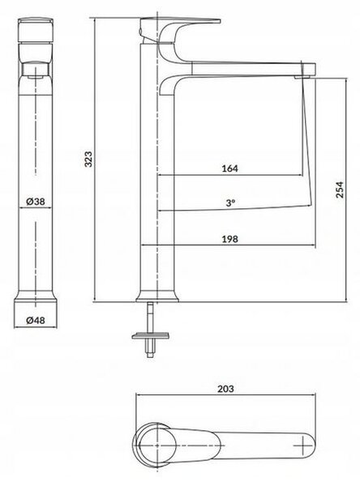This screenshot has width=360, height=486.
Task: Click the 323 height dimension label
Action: tap(88, 159)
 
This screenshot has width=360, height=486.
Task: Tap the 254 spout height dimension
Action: tap(340, 190)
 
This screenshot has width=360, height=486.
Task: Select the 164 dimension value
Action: tap(230, 168)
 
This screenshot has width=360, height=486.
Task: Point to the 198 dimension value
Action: tap(230, 239)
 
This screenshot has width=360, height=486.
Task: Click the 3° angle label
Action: tap(230, 203)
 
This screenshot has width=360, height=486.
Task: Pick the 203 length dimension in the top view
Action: tap(225, 389)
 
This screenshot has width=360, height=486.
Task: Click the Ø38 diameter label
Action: tap(36, 202)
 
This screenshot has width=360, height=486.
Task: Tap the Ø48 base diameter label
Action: tap(36, 320)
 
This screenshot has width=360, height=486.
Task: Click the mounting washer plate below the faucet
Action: tap(151, 335)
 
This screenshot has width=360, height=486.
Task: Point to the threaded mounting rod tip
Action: tap(151, 356)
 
